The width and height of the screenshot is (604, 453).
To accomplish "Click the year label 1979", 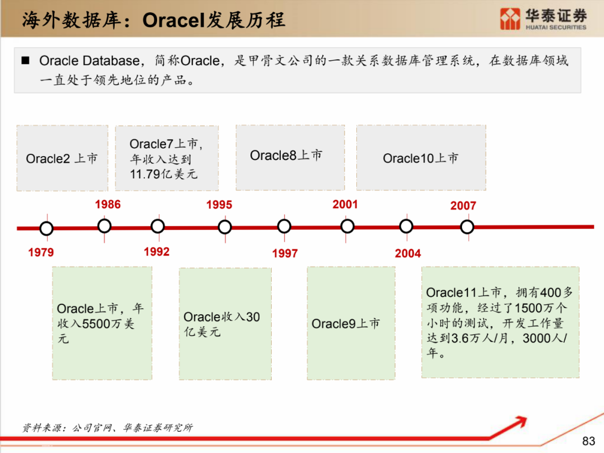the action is pos(41,252).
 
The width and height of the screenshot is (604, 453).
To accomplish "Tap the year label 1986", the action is pos(107,204).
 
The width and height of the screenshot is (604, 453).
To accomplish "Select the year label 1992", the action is pos(157,252).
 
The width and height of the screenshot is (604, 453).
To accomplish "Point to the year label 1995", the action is pos(219,205).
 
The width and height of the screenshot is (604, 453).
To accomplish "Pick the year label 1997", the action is pos(285,253).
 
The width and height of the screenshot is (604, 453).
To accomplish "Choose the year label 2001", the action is pos(345,204).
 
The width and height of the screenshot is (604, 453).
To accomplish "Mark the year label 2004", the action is pos(408,253).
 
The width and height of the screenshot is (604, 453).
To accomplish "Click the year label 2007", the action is pos(463,205).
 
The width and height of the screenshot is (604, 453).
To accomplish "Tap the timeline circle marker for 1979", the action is pos(46,228).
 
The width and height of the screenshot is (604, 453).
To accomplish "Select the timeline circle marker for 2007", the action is pos(467,226).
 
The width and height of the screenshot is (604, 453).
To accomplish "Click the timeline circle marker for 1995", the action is pos(225,226).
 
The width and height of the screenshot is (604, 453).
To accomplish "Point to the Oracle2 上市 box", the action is pos(62,158).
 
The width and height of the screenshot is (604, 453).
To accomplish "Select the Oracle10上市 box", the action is pos(421,158).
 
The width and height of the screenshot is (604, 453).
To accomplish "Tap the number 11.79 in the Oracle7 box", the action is pos(144,174).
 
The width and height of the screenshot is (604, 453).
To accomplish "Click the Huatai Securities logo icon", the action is pos(510,19).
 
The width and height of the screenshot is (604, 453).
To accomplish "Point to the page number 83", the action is pos(588,441).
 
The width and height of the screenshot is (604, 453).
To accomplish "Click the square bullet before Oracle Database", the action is pos(25,60).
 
